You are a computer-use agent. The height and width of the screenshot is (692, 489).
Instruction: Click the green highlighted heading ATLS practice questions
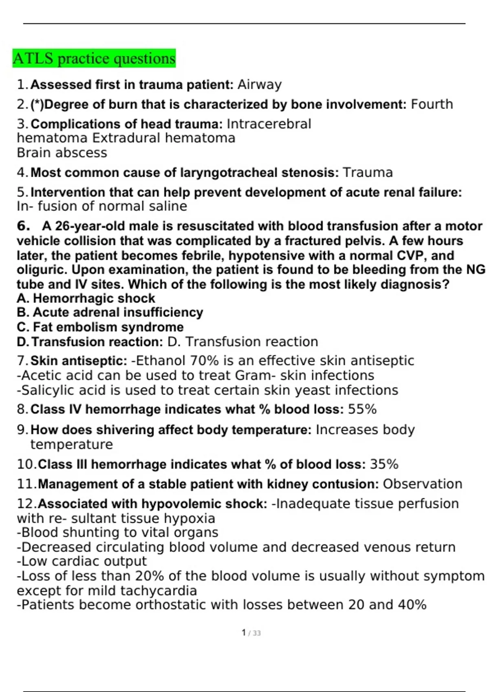point(94,59)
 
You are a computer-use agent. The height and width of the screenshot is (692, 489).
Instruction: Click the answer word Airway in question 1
point(260,85)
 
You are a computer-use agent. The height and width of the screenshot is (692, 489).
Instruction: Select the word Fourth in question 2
point(432,104)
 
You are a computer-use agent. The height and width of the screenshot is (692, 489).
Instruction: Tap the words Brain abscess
point(62,153)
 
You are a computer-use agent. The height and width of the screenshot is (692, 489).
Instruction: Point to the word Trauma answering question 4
point(368,173)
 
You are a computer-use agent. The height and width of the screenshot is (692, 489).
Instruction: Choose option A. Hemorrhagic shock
point(86,298)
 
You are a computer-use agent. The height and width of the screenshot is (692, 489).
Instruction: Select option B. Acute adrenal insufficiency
point(110,312)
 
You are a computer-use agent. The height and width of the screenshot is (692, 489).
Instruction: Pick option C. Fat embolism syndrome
point(100,327)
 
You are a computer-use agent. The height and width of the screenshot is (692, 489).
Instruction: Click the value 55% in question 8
point(362,409)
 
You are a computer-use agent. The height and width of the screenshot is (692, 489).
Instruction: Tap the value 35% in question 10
point(384,464)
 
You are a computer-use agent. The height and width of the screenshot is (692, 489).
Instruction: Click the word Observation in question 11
point(423,484)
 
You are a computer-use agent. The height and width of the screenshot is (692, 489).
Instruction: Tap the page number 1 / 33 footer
point(251,633)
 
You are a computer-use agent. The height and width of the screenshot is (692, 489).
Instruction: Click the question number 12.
point(26,504)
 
